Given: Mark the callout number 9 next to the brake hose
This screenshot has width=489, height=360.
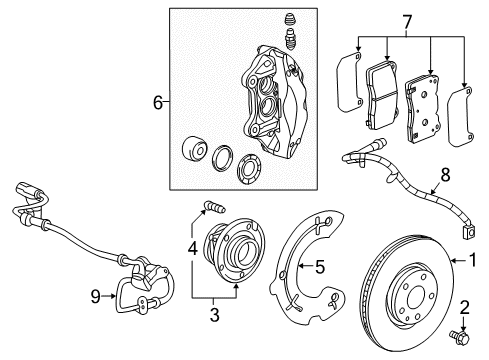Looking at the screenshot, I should [95, 295].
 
